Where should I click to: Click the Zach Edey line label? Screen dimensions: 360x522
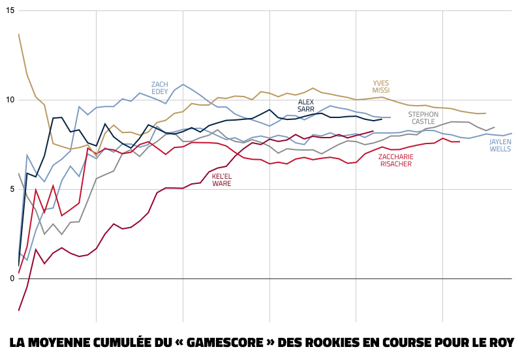click(160, 88)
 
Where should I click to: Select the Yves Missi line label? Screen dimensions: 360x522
click(380, 87)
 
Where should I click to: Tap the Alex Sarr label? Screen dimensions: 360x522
click(306, 106)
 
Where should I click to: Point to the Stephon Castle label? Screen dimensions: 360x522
click(423, 118)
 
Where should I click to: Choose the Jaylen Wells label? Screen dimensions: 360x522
click(500, 145)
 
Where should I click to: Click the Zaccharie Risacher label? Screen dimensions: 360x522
click(395, 160)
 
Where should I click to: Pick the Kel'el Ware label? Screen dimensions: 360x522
click(222, 180)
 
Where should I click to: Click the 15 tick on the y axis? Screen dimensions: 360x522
click(10, 11)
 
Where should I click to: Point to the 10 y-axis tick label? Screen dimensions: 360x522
click(10, 100)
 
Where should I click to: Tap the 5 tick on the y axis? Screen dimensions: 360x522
click(12, 189)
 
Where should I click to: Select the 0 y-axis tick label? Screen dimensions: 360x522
click(12, 278)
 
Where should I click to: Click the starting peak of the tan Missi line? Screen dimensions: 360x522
click(19, 34)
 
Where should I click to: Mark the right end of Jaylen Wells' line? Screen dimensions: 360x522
click(512, 134)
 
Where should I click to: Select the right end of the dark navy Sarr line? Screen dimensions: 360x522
click(382, 119)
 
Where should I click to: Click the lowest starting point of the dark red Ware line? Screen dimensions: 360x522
click(19, 310)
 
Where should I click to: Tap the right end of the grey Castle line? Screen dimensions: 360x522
click(495, 127)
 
